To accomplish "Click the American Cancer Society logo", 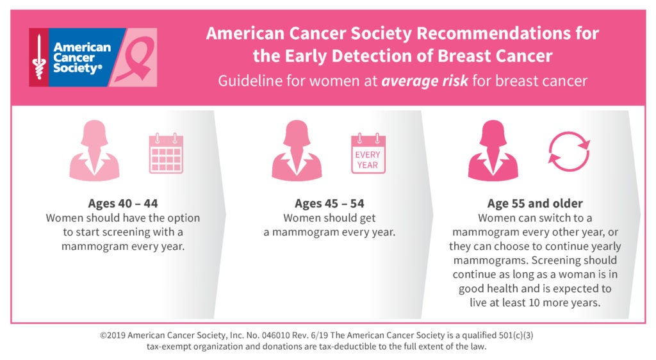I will coord(79,58).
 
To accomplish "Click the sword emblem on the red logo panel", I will coord(38,58).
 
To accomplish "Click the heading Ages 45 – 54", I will coord(329,204).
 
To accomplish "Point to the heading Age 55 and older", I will coord(535,204).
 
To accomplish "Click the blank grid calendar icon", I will coord(166,154).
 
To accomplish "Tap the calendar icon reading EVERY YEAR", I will coord(368,154).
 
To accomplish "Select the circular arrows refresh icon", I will coord(569,154).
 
